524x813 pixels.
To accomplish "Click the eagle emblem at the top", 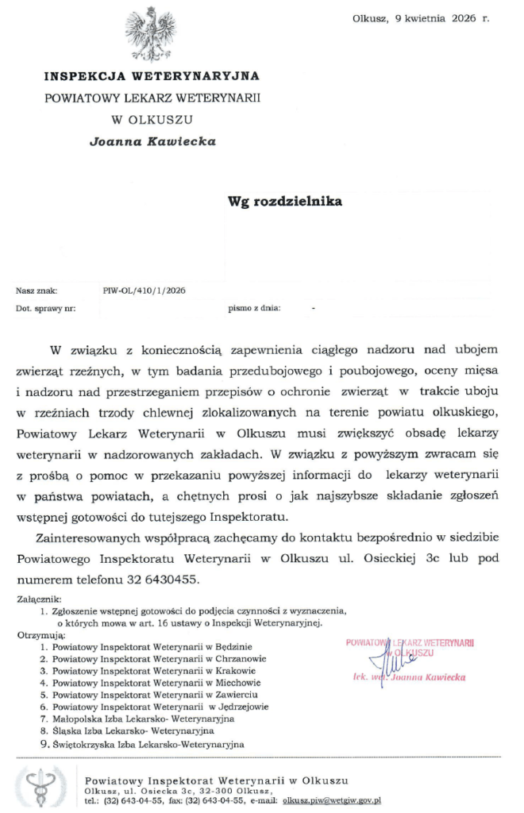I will [151, 33].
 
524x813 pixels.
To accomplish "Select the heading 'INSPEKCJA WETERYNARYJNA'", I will [152, 76].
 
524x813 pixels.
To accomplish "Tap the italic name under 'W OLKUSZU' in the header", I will [152, 141].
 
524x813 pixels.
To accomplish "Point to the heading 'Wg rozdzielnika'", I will [285, 201].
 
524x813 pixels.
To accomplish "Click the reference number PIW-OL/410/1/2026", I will [144, 291].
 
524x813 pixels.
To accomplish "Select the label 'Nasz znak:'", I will [37, 291].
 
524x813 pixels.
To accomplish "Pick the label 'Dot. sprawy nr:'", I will [46, 307].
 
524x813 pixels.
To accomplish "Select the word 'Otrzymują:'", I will [39, 636].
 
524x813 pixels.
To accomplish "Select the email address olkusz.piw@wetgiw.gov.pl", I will [331, 800].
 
